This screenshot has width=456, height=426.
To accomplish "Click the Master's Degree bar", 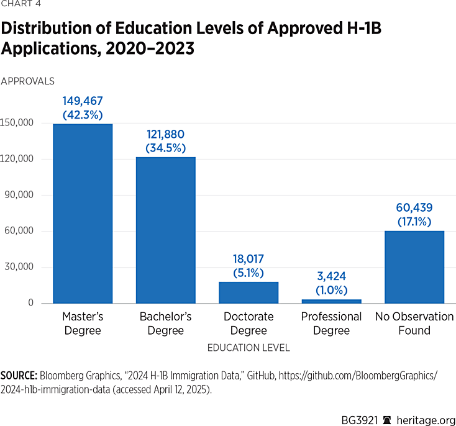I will click(82, 214).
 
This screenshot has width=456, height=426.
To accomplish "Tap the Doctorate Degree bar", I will click(249, 292).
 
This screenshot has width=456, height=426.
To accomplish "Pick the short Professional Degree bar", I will click(331, 301).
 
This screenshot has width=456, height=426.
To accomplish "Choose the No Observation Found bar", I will click(414, 267).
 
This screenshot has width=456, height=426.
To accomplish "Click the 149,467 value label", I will click(82, 101).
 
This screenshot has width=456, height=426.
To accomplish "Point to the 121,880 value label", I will click(165, 134).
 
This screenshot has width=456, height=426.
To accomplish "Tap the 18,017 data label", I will click(249, 259).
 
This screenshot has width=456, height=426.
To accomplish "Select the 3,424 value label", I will click(331, 276).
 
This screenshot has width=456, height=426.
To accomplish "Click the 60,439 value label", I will click(414, 208).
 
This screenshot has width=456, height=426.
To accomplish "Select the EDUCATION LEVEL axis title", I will click(249, 348).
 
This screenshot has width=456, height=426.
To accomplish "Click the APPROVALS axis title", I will click(28, 81).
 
